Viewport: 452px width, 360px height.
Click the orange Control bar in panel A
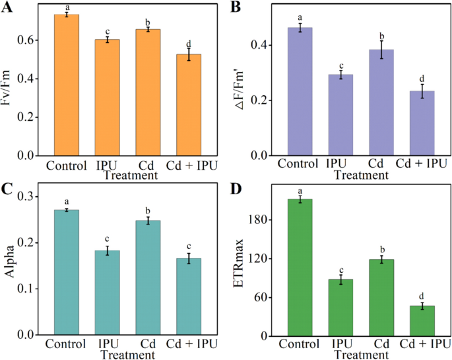[67, 85]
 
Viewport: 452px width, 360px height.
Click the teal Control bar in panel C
[66, 272]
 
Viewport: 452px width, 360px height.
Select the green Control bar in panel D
[300, 267]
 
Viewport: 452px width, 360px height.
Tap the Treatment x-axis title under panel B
[361, 175]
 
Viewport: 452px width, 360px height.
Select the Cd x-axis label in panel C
[148, 344]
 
